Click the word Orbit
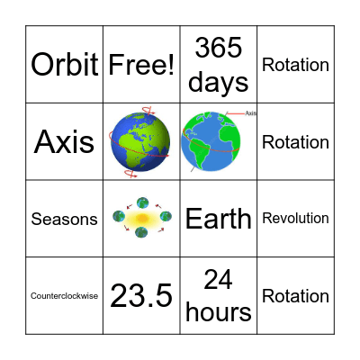coord(65,65)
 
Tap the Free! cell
coord(141,65)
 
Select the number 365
coord(219,48)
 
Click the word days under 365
coord(219,82)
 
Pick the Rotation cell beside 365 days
coord(295,65)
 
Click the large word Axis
coord(65,142)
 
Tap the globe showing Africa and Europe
coord(141,141)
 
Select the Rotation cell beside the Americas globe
coord(295,142)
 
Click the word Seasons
coord(65,219)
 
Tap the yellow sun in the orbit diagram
coord(141,218)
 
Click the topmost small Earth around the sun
coord(141,202)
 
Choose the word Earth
coord(219,219)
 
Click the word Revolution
coord(295,219)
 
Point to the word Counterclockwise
coord(65,296)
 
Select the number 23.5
coord(141,296)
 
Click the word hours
coord(219,312)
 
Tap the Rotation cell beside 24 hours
coord(295,296)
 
